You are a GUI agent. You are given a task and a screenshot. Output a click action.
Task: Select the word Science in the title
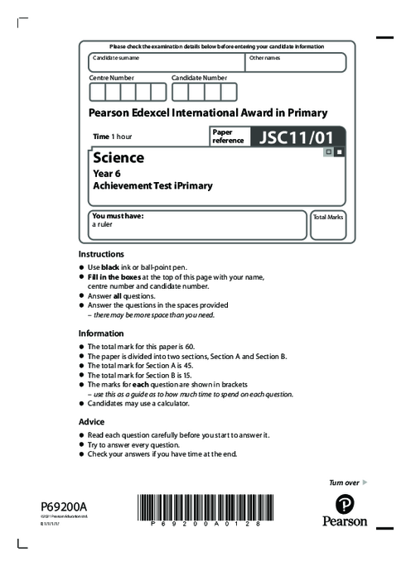118,157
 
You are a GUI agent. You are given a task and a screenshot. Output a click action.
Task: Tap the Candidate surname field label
116,58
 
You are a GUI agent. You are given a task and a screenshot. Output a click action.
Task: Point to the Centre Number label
111,78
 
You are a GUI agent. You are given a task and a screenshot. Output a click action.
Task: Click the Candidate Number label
199,78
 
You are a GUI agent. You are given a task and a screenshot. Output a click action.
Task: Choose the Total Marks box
327,224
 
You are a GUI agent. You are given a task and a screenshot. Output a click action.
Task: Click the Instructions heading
101,254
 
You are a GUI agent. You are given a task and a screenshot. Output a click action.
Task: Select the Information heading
101,333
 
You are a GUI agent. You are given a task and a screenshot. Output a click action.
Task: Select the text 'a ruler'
102,223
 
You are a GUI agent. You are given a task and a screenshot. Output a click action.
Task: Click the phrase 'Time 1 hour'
113,136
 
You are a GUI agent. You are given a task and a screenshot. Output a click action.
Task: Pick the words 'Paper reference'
228,136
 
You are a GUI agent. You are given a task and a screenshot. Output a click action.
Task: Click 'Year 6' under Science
105,174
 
